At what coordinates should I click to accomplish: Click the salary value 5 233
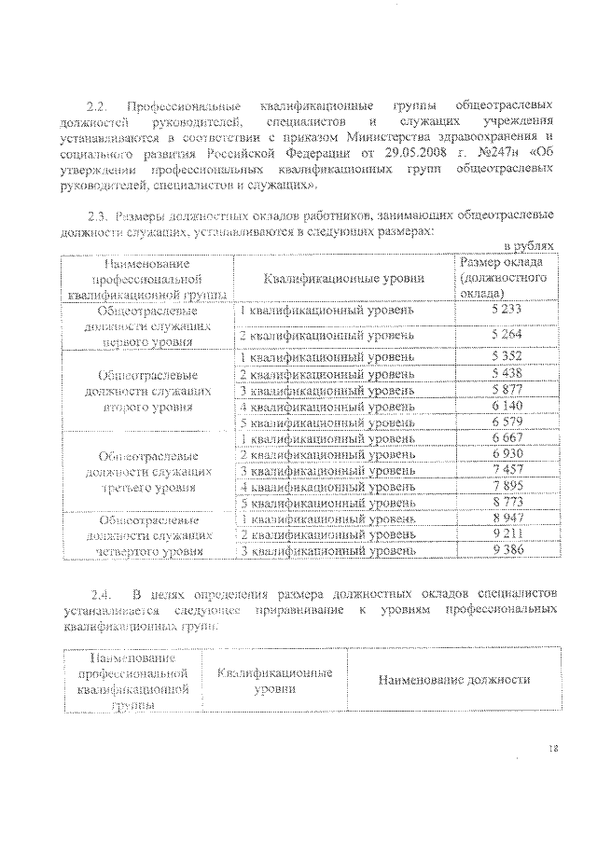pyautogui.click(x=507, y=310)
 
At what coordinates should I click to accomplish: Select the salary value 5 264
pyautogui.click(x=507, y=334)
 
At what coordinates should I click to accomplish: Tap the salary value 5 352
pyautogui.click(x=507, y=357)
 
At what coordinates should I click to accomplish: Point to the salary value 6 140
pyautogui.click(x=507, y=407)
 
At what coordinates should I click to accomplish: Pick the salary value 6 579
pyautogui.click(x=507, y=422)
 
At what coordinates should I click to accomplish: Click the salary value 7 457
pyautogui.click(x=507, y=470)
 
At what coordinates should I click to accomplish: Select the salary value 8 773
pyautogui.click(x=507, y=503)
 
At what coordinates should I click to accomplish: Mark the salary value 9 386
pyautogui.click(x=507, y=550)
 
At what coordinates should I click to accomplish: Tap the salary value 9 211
pyautogui.click(x=507, y=534)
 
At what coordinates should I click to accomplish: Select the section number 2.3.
pyautogui.click(x=98, y=217)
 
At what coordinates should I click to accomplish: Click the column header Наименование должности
pyautogui.click(x=454, y=680)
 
